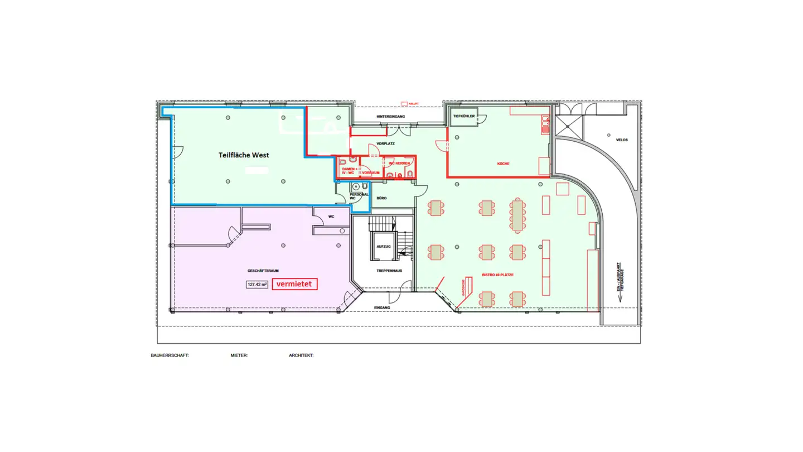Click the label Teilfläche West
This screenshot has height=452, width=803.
243,155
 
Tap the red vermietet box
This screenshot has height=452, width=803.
295,284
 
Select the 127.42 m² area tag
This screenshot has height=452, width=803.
257,284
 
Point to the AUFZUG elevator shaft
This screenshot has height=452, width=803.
383,246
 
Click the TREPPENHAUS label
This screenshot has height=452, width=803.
385,271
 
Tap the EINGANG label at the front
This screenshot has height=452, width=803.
383,307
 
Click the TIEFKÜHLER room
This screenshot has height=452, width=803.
463,117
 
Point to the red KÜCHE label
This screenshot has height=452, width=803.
504,164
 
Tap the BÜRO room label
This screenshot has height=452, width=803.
381,198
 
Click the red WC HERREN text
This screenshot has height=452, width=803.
399,163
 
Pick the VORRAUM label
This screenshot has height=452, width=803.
371,172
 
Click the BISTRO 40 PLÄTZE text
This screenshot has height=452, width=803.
497,275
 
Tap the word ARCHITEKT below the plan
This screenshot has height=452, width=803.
301,355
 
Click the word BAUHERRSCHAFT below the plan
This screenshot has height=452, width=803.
170,355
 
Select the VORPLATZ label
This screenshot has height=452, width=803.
385,143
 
